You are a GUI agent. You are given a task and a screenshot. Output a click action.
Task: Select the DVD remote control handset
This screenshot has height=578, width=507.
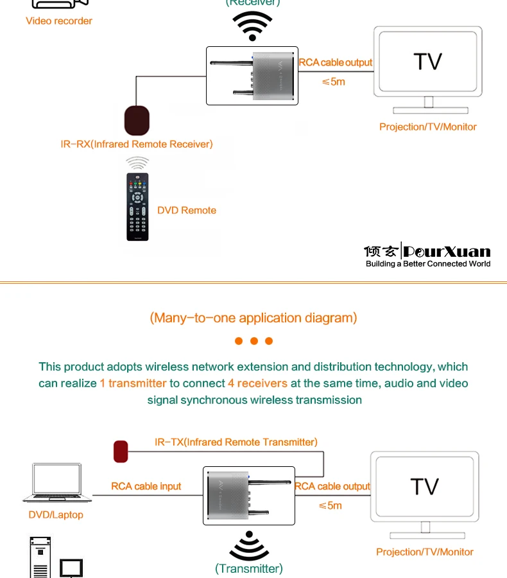click(x=137, y=207)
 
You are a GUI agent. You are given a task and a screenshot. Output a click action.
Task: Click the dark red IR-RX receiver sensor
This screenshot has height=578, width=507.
click(x=136, y=119)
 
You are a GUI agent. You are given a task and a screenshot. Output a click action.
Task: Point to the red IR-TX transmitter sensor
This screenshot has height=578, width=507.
click(x=121, y=451)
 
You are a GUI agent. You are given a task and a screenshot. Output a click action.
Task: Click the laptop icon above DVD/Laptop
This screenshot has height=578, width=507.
click(x=56, y=482)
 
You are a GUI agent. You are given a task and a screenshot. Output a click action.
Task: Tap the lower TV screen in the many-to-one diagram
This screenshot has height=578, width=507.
click(x=424, y=486)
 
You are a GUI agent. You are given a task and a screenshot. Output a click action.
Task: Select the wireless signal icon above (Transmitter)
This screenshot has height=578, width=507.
click(x=249, y=546)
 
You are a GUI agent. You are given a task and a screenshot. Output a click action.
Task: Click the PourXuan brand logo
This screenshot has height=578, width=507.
click(x=427, y=251)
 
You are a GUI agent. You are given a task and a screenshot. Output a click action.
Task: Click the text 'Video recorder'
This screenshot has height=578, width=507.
click(x=59, y=21)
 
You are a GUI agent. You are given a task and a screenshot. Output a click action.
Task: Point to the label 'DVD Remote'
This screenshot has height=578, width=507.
click(x=187, y=211)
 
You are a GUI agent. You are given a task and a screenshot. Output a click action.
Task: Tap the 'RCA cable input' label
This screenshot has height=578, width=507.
click(x=146, y=486)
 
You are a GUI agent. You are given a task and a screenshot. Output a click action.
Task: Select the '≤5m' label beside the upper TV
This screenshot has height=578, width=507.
click(x=333, y=82)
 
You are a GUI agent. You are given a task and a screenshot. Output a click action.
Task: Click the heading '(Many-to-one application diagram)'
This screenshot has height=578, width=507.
click(x=253, y=318)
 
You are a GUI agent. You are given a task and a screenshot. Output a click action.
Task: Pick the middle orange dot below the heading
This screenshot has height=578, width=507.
click(x=253, y=341)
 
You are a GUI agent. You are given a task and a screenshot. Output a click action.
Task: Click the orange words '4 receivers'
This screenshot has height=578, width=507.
click(x=257, y=383)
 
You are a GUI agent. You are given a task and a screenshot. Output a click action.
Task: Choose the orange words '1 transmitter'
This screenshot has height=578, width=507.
click(x=133, y=383)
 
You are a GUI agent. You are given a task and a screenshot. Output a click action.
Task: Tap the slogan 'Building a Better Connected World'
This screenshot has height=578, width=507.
click(x=428, y=264)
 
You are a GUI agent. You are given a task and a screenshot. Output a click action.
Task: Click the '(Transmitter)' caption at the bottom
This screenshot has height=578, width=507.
click(x=249, y=568)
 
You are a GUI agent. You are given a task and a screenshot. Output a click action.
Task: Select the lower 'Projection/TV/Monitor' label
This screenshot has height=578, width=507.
click(x=425, y=552)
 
